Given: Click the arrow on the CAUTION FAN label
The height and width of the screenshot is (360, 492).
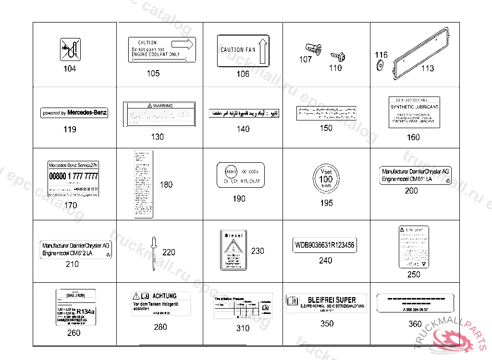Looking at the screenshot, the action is point(263,51).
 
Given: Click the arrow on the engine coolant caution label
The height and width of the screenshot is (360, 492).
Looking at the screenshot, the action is point(187,44).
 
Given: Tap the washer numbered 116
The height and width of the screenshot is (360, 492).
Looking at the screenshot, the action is point(380,65).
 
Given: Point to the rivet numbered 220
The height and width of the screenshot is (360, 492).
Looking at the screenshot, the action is point(154,251).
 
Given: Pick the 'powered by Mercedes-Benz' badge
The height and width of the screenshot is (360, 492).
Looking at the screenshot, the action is point(74,113).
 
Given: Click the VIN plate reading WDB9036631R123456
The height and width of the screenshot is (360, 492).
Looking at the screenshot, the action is point(325,245).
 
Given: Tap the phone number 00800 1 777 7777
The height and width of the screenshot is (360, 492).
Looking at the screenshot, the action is point(74,177).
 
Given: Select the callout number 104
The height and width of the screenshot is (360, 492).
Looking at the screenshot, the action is point(70,69).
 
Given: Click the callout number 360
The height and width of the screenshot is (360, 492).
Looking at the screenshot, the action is point(415,324).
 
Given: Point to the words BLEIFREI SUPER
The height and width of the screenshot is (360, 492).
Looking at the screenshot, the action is point(332,300).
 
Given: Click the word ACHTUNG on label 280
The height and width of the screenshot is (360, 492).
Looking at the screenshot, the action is point(164,296).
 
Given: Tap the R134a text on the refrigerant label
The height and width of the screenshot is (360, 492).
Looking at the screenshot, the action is point(86,311).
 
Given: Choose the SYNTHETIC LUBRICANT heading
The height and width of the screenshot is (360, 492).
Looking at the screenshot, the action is point(414,107).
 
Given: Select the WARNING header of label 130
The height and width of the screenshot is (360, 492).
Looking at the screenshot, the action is point(160,105).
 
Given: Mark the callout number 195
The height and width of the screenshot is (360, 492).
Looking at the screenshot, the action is point(326,203).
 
